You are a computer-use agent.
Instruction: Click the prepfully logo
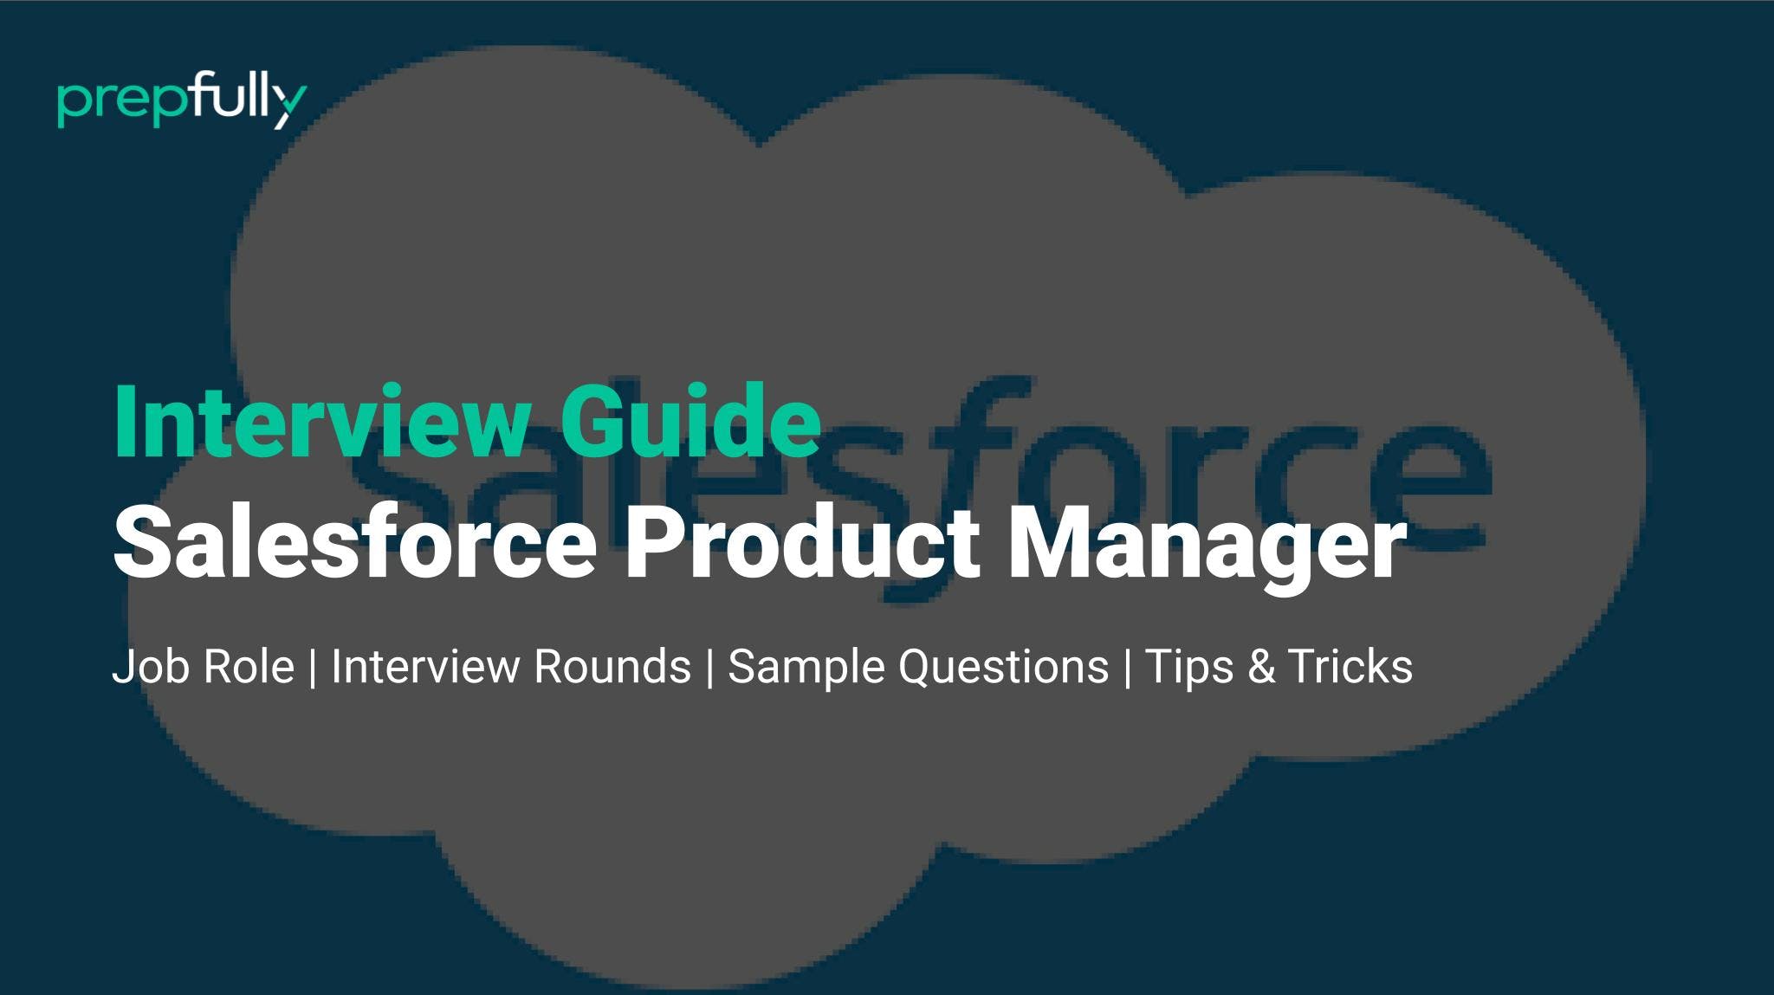tap(182, 102)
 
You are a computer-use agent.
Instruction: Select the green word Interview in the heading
tap(320, 422)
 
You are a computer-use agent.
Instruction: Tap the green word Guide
tap(690, 422)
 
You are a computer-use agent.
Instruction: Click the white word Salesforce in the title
tap(355, 544)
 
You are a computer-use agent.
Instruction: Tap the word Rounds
tap(612, 667)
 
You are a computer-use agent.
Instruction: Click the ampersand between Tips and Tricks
tap(1260, 668)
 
